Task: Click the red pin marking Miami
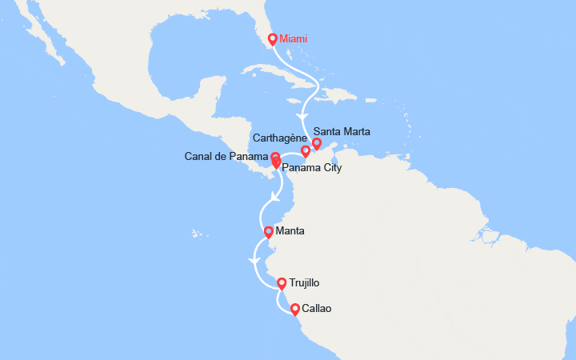point(273,38)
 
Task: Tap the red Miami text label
point(294,38)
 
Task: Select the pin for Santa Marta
point(317,143)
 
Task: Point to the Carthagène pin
point(305,150)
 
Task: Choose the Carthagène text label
point(280,137)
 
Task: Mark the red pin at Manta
point(269,232)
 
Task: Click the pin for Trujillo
point(282,282)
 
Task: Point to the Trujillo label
point(305,282)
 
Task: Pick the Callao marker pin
point(295,309)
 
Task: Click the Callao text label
point(316,308)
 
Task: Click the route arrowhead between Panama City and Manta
point(275,197)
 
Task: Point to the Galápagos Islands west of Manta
point(195,234)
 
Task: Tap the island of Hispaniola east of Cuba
point(341,94)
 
